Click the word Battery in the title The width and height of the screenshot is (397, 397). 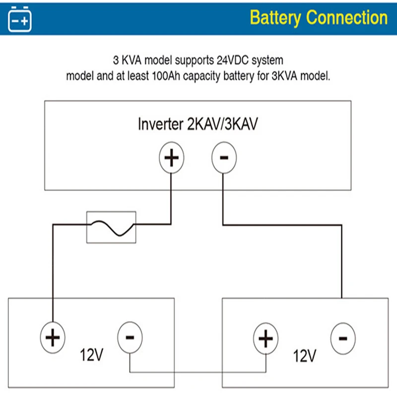(x=275, y=18)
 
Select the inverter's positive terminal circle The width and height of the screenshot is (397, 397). (x=172, y=159)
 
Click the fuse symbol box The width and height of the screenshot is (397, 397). (x=111, y=227)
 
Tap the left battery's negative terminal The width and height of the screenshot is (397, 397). (x=130, y=337)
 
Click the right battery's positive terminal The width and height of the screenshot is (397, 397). (x=266, y=339)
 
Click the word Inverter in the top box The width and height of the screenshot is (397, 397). (x=160, y=125)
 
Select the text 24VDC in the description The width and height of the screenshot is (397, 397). (x=233, y=61)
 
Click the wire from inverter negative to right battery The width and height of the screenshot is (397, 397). (x=342, y=258)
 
